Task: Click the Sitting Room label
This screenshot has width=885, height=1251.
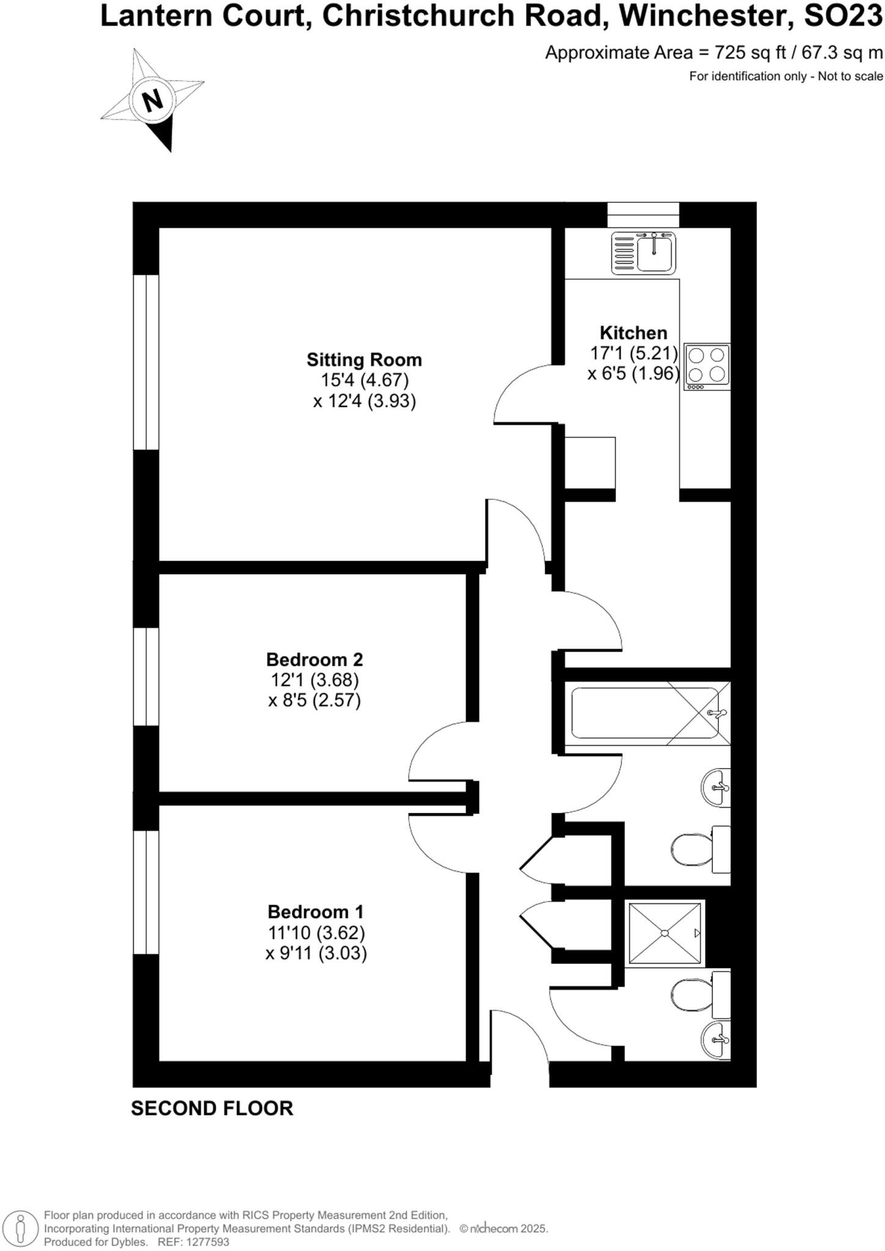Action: (x=364, y=359)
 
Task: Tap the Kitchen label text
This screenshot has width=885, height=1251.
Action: (x=633, y=333)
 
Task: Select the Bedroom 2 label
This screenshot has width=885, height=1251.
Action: (x=315, y=660)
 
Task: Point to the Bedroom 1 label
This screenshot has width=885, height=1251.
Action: (x=315, y=912)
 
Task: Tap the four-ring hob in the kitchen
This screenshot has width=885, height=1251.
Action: (x=707, y=367)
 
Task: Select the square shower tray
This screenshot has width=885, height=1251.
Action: (x=665, y=933)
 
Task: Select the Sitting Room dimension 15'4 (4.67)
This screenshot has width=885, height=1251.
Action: (x=365, y=380)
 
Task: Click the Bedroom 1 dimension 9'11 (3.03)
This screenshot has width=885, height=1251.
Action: (x=316, y=953)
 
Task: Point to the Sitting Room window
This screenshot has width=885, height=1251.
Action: (x=146, y=362)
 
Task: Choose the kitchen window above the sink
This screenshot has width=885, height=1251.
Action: (x=643, y=214)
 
